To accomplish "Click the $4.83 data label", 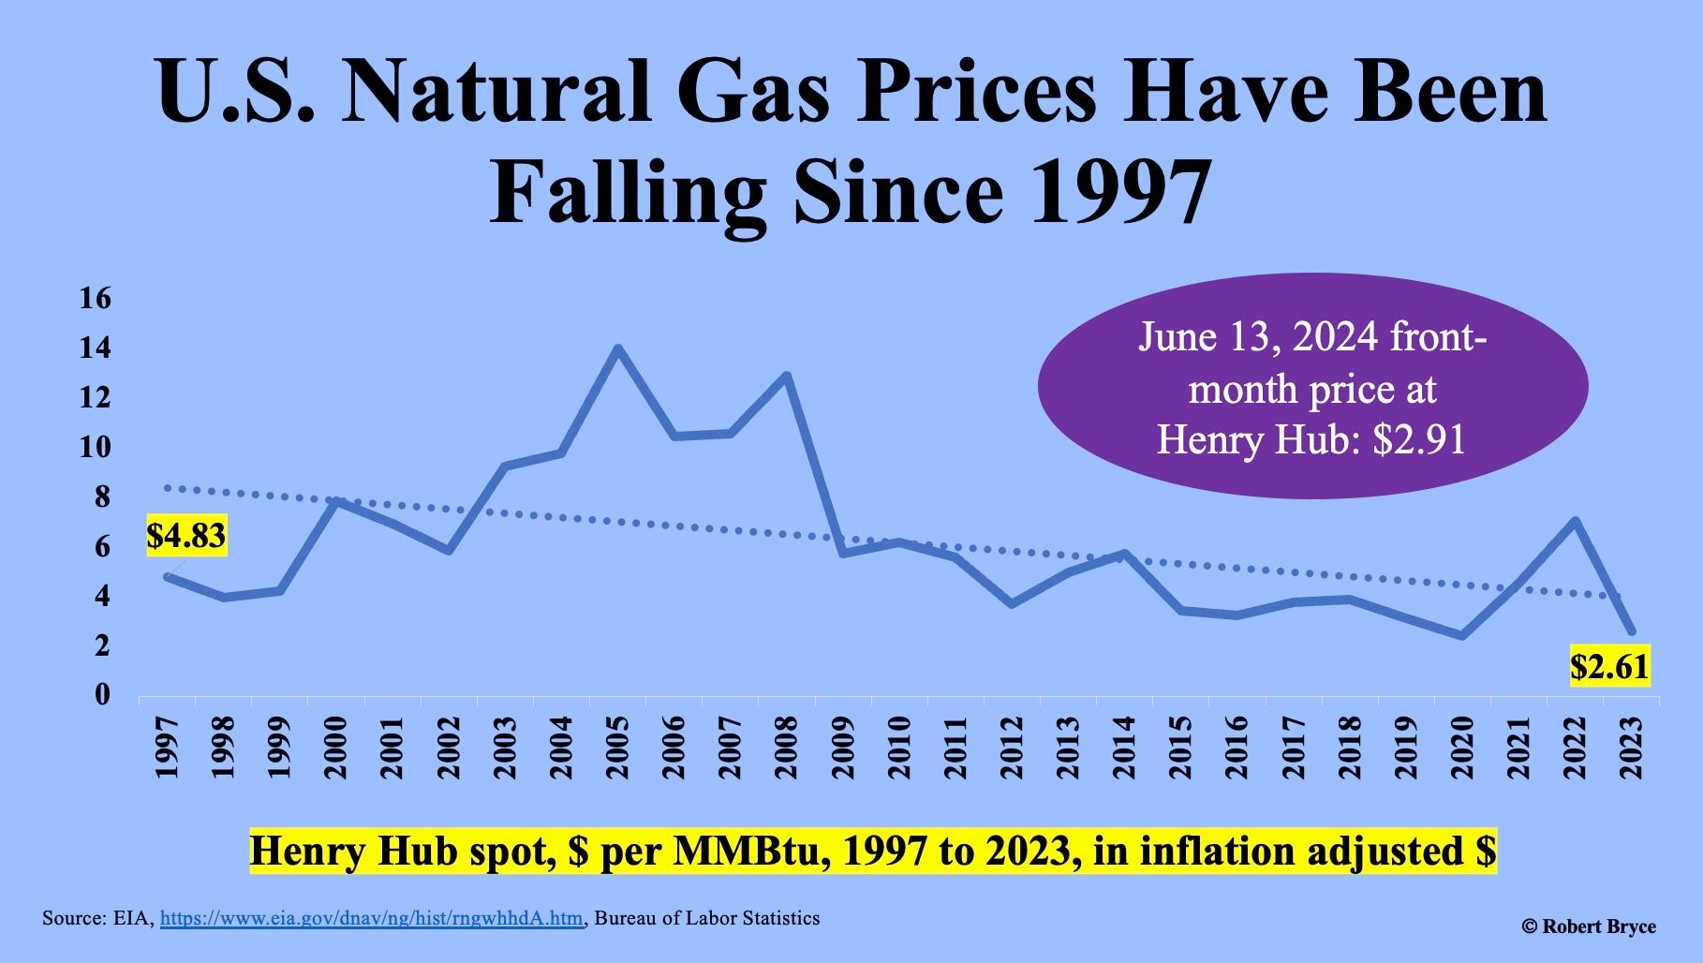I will [185, 536].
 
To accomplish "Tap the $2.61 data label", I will [1609, 666].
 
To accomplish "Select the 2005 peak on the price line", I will [617, 348].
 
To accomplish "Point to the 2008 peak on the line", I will [787, 376].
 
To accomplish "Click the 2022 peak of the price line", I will [1576, 521].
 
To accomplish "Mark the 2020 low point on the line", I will [1462, 635].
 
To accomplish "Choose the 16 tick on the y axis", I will [96, 299].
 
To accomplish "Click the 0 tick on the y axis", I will [101, 695].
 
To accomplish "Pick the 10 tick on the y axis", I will [96, 447].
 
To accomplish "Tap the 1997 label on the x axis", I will [167, 748].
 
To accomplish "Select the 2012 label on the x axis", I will [1012, 748].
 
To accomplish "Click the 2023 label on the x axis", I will [1632, 748].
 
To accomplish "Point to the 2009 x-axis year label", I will [843, 748].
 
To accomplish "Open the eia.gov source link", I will [371, 919].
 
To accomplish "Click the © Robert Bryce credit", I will [1589, 926].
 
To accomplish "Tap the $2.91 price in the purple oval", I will [1418, 439].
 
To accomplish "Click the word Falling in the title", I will [629, 191].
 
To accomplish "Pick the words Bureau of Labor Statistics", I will [707, 918].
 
